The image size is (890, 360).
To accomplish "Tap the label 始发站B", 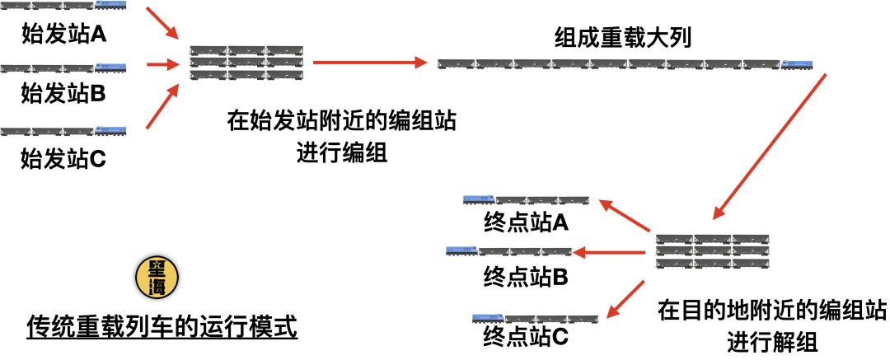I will click(x=63, y=93).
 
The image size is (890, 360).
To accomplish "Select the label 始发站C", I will click(x=63, y=156).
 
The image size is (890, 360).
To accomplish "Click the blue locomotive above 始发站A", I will click(x=110, y=5).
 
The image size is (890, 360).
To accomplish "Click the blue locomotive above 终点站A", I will click(x=479, y=199).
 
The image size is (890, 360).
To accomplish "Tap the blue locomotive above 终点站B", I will click(x=461, y=251).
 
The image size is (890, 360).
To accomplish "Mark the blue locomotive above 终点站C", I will click(x=488, y=316).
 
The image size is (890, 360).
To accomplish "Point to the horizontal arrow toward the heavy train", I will click(x=369, y=62).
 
